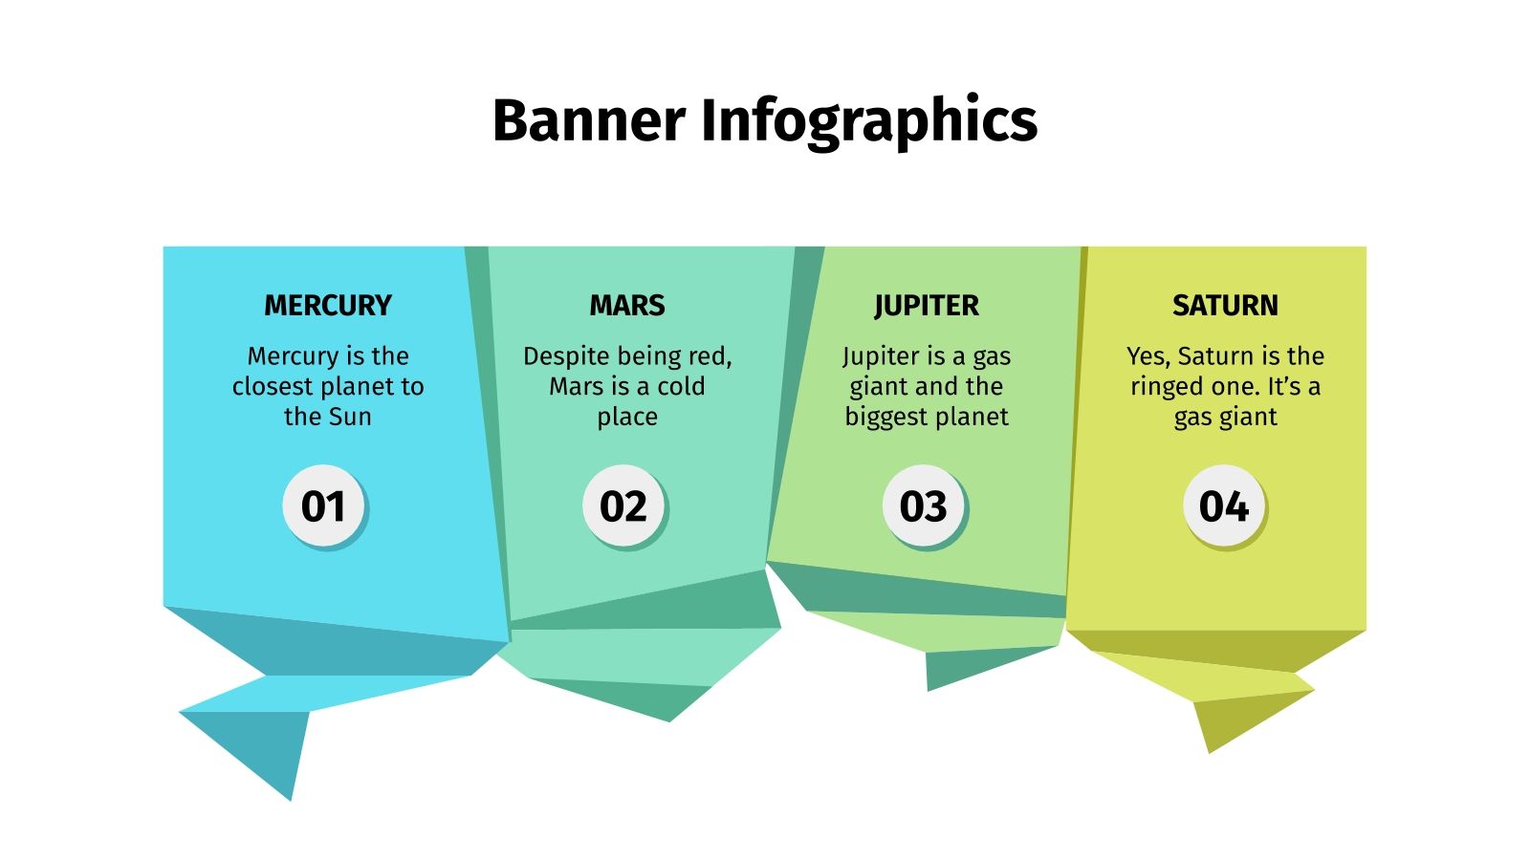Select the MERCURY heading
click(x=328, y=306)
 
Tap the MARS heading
click(x=627, y=306)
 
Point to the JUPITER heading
click(x=926, y=306)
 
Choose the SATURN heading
click(x=1225, y=306)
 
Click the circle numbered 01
click(x=324, y=505)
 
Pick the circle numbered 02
click(x=623, y=505)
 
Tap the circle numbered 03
click(x=924, y=505)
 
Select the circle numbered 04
click(x=1224, y=505)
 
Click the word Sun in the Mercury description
click(x=350, y=417)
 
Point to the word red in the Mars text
click(x=709, y=356)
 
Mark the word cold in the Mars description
click(x=681, y=386)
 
